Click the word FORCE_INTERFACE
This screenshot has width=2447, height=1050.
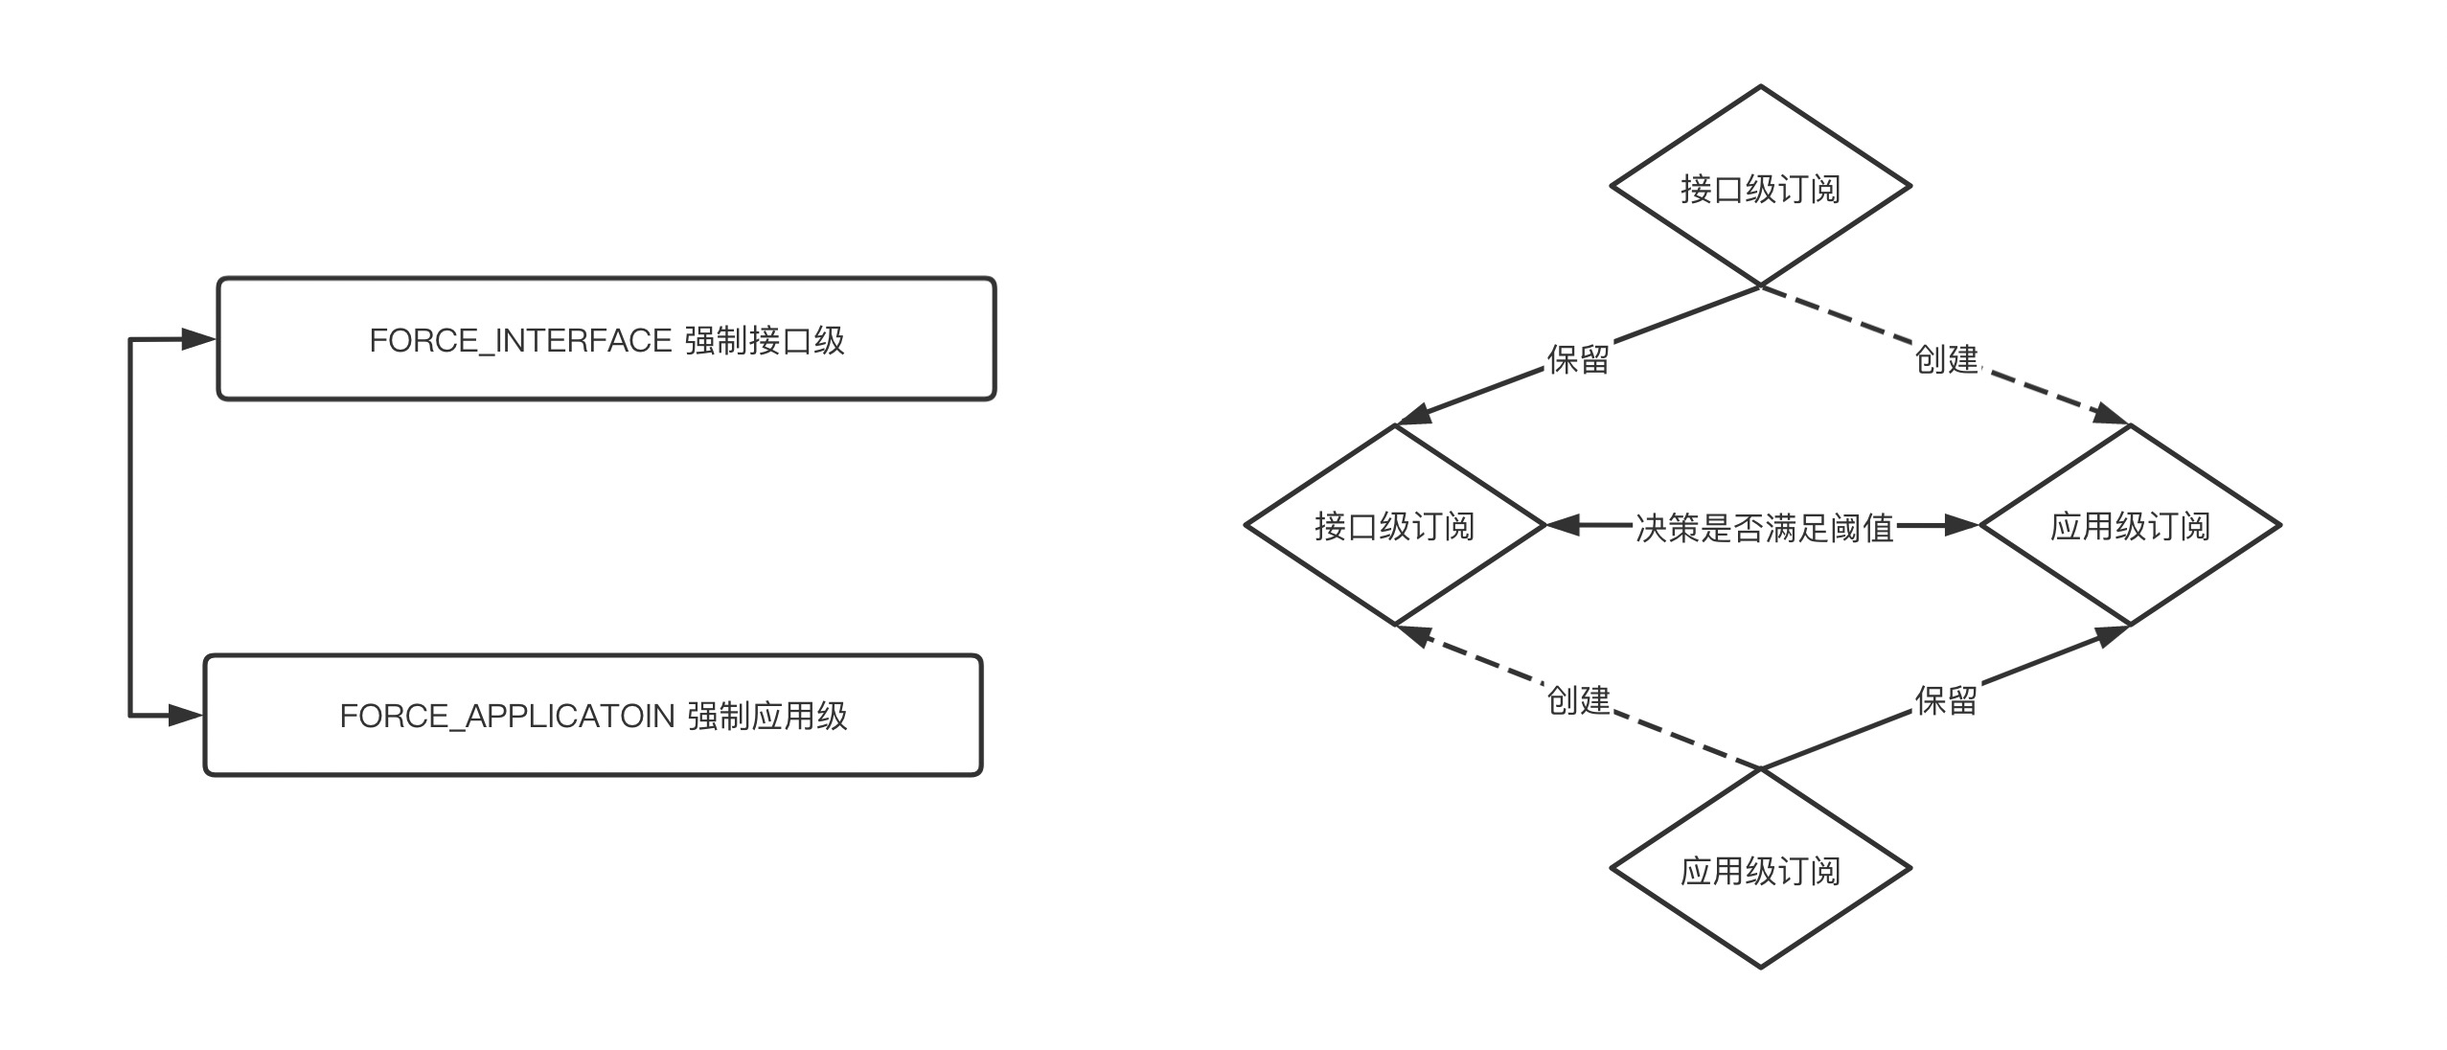coord(520,341)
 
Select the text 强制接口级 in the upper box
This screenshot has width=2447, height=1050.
coord(765,341)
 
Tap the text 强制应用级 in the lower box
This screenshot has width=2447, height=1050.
coord(767,717)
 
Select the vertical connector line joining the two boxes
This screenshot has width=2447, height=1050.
coord(130,527)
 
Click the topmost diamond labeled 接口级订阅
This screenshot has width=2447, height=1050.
coord(1760,188)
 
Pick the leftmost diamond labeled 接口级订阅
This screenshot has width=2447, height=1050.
coord(1394,526)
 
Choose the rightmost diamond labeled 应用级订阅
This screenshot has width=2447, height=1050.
coord(2129,526)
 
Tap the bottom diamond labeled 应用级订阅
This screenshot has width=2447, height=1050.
coord(1760,870)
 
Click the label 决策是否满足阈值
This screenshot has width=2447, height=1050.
coord(1764,528)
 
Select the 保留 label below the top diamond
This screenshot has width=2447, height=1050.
coord(1577,359)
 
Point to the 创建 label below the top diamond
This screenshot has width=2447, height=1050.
coord(1946,359)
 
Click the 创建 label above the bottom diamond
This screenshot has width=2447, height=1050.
coord(1577,700)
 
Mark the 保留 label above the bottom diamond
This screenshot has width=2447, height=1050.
coord(1946,700)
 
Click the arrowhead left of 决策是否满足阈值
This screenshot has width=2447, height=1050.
coord(1562,525)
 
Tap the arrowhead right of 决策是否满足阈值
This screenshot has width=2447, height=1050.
coord(1962,525)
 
